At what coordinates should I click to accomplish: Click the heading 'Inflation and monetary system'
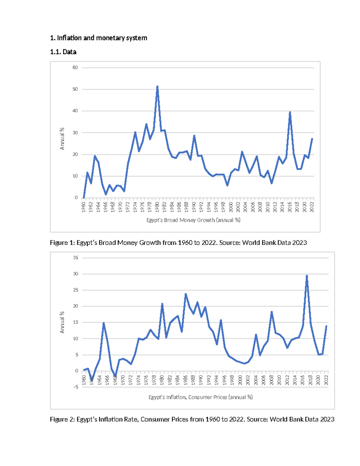point(102,38)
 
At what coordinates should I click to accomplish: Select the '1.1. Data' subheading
point(63,52)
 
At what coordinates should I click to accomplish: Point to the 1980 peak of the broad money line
point(157,87)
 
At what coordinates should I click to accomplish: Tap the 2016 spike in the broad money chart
point(290,112)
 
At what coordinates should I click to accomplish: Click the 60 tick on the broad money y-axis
point(75,68)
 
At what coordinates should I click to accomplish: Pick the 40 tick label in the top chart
point(75,111)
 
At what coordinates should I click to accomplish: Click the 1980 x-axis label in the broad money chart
point(157,207)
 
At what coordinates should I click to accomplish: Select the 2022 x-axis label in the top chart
point(312,207)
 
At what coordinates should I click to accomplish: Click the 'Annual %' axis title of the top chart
point(62,139)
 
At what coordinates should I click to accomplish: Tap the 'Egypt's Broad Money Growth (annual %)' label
point(193,220)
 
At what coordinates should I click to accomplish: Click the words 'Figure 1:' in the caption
point(62,242)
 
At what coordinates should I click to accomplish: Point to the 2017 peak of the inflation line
point(307,275)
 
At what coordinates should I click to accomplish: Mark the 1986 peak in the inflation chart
point(186,294)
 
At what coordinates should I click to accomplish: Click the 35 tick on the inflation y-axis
point(75,258)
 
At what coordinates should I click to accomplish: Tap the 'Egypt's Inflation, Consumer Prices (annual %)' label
point(200,397)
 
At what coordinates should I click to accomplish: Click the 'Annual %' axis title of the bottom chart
point(62,322)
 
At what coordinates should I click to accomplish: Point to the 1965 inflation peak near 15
point(103,323)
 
